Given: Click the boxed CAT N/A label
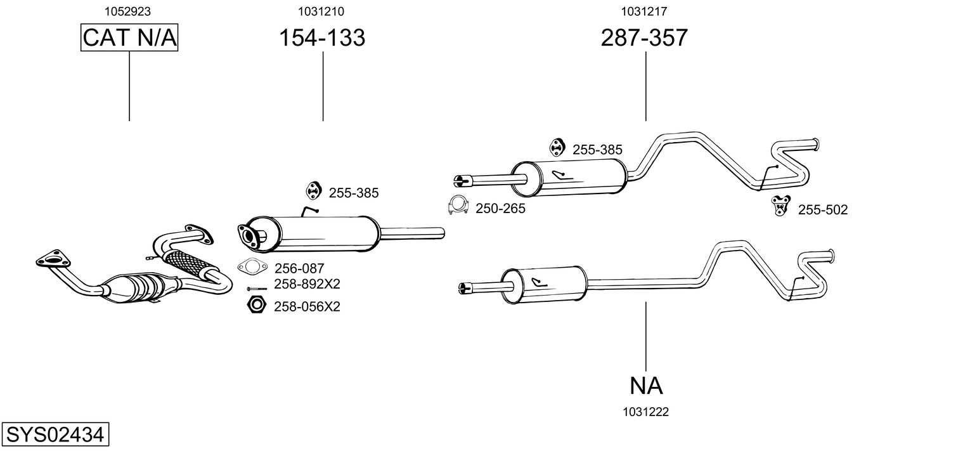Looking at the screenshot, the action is (129, 37).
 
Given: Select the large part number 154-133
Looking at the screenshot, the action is (322, 37).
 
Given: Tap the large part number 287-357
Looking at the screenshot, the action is (644, 37).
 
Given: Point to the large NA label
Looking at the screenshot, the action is (646, 386).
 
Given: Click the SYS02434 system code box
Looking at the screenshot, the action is (55, 434).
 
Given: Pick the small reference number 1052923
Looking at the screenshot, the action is (127, 11).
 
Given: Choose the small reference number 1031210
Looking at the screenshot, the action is (321, 11).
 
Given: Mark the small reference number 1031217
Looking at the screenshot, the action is (644, 11).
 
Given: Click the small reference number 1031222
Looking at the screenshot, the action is (645, 412).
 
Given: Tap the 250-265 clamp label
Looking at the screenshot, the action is (500, 209).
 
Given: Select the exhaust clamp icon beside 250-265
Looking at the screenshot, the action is (458, 205).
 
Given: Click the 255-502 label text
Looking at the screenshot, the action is (823, 210).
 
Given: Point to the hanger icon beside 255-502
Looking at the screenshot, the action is (780, 206).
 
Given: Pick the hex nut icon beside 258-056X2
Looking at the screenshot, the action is (256, 304).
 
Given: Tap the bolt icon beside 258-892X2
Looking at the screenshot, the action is (257, 289).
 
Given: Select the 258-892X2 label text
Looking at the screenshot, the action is (307, 284).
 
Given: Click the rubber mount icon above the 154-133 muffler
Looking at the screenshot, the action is (313, 191).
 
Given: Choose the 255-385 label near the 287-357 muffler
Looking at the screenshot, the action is (597, 150).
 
